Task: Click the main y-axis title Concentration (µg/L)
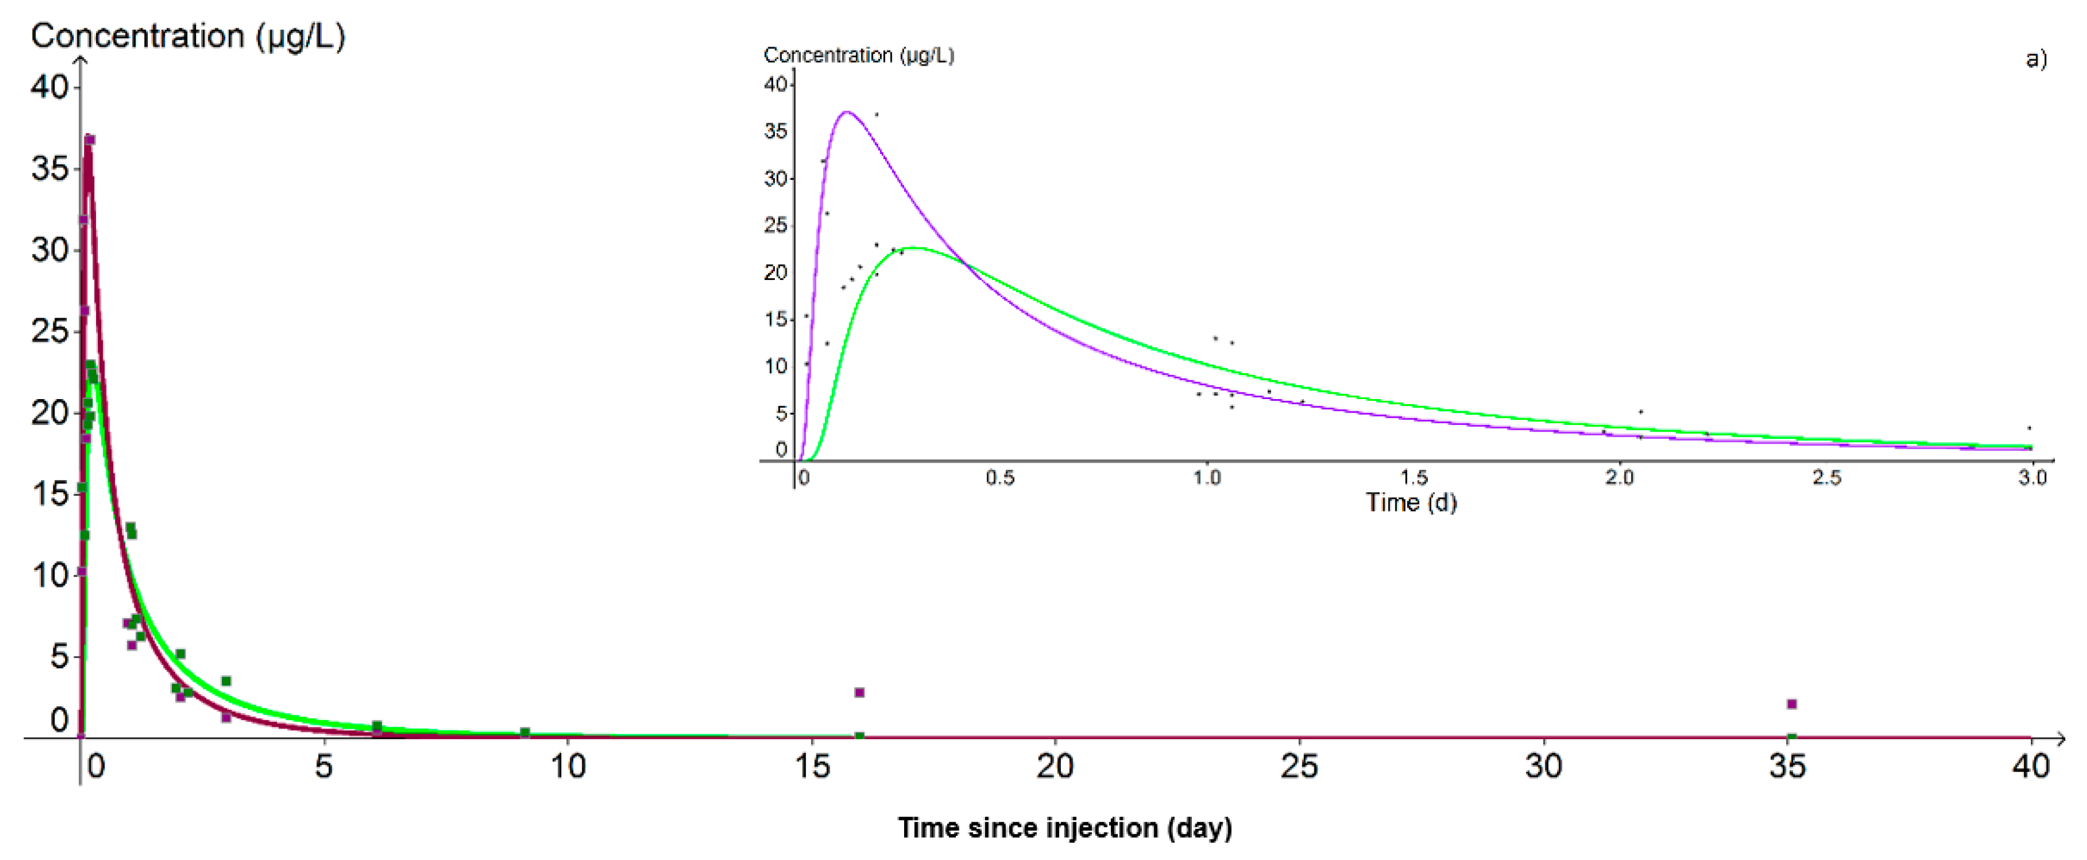click(x=188, y=35)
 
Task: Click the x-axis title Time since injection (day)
click(x=1064, y=827)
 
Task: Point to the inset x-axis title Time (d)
click(x=1412, y=503)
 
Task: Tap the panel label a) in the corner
click(x=2036, y=58)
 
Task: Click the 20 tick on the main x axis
click(x=1055, y=766)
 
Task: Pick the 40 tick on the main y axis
click(x=50, y=87)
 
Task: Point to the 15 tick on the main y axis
click(x=50, y=494)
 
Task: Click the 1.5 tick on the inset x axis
click(x=1414, y=477)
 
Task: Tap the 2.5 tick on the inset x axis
click(x=1826, y=477)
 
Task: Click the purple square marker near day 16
click(x=860, y=692)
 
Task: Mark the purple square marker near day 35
click(x=1791, y=704)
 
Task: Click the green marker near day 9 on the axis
click(x=524, y=733)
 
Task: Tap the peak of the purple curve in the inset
click(x=847, y=112)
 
